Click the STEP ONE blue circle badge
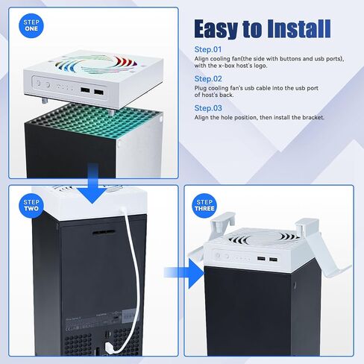pos(31,26)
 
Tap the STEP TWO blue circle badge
pos(31,206)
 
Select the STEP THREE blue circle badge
pos(204,206)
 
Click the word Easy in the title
pos(216,29)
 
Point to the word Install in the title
pos(299,28)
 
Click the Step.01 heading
pos(208,49)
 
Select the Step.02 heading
pos(208,78)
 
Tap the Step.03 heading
pos(208,108)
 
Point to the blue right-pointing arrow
pos(184,273)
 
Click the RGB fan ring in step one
pos(94,64)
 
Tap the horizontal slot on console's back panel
pos(104,233)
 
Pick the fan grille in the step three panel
pos(264,238)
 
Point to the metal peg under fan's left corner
pos(45,101)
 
